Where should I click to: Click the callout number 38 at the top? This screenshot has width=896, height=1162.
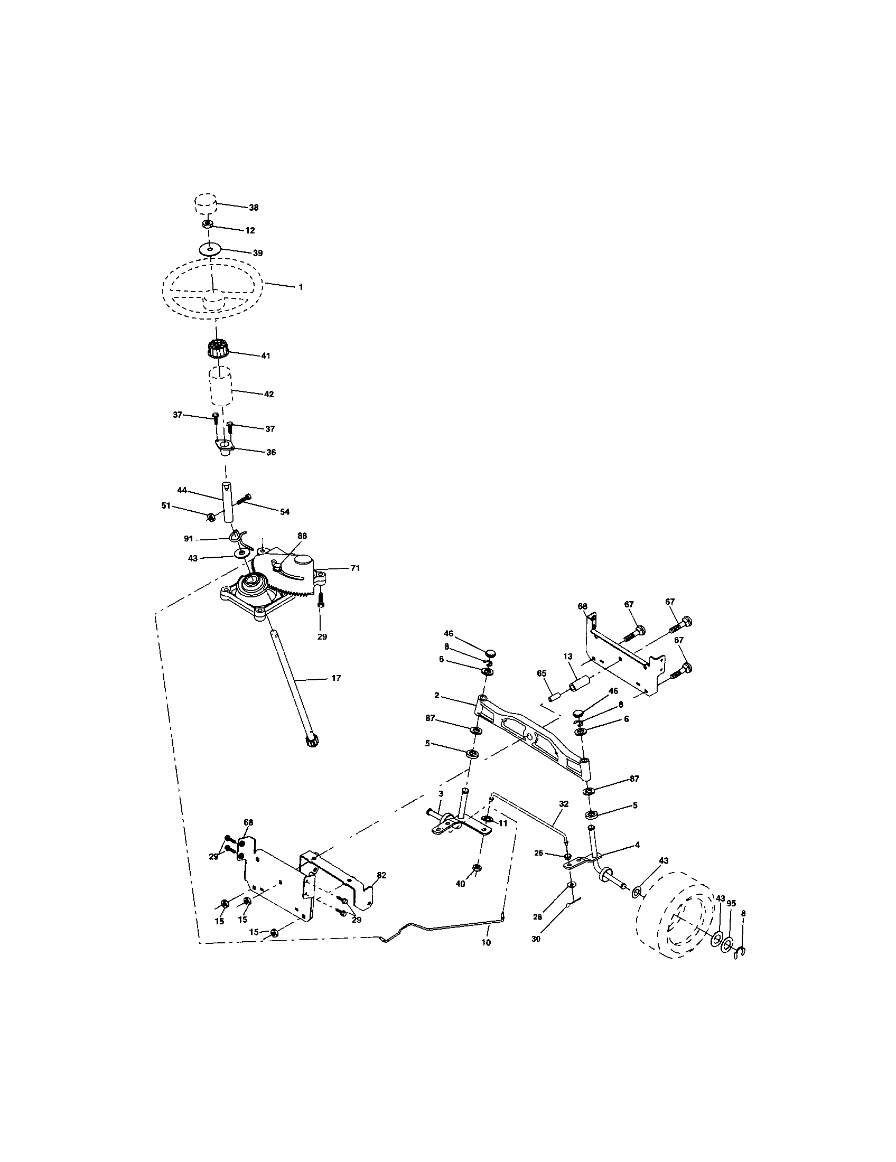253,208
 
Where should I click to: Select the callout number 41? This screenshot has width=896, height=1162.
266,356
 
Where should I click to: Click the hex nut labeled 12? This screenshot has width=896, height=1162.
208,224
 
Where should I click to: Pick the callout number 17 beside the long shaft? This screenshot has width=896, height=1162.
335,678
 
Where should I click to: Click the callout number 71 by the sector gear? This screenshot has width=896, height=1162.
354,568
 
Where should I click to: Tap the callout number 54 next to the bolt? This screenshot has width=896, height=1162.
285,512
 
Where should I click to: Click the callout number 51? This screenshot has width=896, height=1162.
166,505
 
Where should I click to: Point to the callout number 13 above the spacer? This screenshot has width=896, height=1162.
567,657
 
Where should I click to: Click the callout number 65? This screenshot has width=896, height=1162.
542,673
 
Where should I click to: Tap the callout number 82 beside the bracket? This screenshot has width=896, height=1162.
381,875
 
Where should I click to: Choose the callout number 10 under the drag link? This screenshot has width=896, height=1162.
486,942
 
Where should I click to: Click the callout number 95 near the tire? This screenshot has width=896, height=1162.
731,903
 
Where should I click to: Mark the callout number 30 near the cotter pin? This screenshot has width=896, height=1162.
536,940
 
